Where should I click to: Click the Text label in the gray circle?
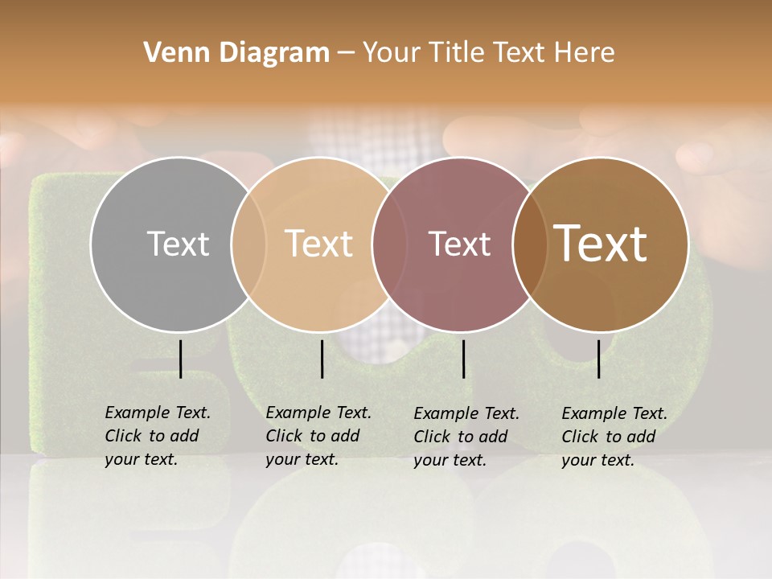[x=178, y=244]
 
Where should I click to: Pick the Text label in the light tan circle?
[x=319, y=244]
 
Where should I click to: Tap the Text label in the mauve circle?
[x=459, y=244]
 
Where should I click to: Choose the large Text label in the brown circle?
[x=601, y=244]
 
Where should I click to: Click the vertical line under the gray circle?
[x=180, y=359]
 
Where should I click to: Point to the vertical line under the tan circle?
[x=322, y=359]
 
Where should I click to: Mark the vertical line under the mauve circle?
[x=463, y=359]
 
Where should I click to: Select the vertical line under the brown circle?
[x=598, y=359]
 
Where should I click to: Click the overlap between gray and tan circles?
[x=248, y=244]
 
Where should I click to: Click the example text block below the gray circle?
[x=158, y=436]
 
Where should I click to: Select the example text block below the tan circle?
[x=318, y=436]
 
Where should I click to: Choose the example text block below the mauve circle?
[x=466, y=437]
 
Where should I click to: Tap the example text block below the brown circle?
[x=614, y=437]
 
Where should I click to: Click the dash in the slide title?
[x=346, y=53]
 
